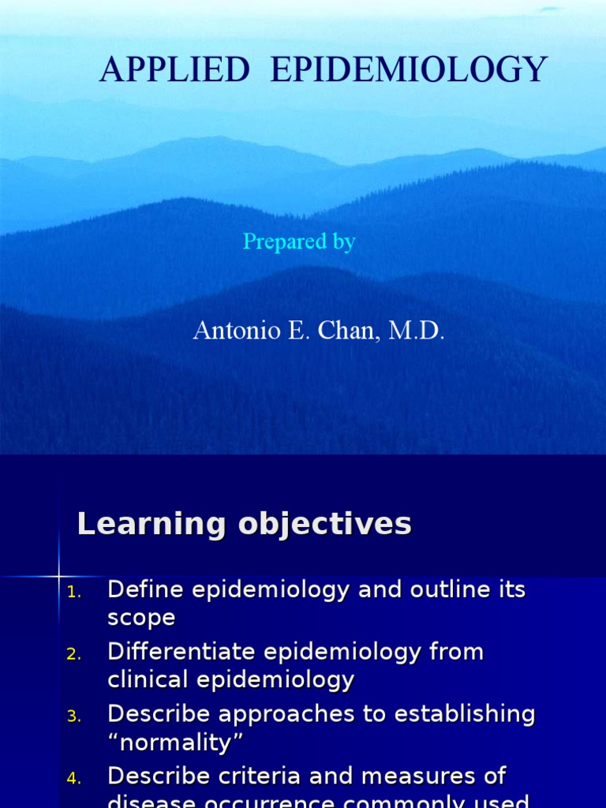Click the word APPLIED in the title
tap(174, 71)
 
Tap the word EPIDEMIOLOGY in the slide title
tap(408, 71)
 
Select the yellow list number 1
tap(73, 592)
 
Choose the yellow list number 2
tap(73, 654)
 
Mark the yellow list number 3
tap(73, 716)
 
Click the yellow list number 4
tap(73, 779)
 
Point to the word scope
tap(141, 619)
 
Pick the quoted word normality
tap(176, 743)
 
